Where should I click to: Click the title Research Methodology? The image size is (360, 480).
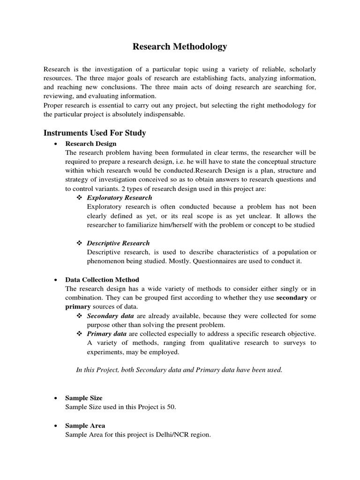pyautogui.click(x=180, y=46)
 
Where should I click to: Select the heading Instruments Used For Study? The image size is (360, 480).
pyautogui.click(x=95, y=133)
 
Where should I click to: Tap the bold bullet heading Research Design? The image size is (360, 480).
pyautogui.click(x=91, y=144)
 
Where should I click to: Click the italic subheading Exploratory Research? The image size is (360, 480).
pyautogui.click(x=119, y=198)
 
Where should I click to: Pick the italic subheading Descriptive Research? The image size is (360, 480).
pyautogui.click(x=119, y=243)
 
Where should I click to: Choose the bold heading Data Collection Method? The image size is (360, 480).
pyautogui.click(x=102, y=280)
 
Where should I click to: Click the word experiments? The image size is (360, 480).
pyautogui.click(x=106, y=352)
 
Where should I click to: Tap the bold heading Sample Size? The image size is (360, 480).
pyautogui.click(x=84, y=398)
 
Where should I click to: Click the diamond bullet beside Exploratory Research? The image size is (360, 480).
pyautogui.click(x=79, y=198)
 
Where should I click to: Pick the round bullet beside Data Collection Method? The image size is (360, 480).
pyautogui.click(x=56, y=280)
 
